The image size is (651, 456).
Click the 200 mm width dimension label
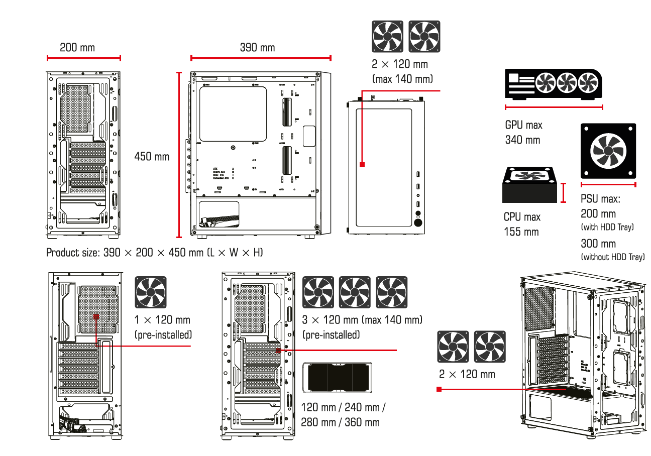[77, 48]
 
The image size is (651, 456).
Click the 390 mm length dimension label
[257, 48]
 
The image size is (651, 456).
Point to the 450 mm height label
[152, 157]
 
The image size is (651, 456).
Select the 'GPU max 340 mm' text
[523, 132]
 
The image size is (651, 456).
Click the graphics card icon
[554, 83]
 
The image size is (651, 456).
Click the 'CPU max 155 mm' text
[522, 224]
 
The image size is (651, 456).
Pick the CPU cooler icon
[530, 185]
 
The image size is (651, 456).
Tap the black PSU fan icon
[608, 151]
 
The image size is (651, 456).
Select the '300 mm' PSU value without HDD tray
[598, 244]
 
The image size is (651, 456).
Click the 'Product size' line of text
[154, 253]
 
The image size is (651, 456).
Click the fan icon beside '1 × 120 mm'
[151, 293]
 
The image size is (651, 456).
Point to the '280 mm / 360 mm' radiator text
[340, 422]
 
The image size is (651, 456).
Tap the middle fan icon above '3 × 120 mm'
[355, 292]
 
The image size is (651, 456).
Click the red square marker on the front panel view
[362, 164]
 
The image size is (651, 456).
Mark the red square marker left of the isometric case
[439, 389]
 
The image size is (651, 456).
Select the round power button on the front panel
[418, 222]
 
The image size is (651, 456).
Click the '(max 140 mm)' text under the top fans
[402, 79]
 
